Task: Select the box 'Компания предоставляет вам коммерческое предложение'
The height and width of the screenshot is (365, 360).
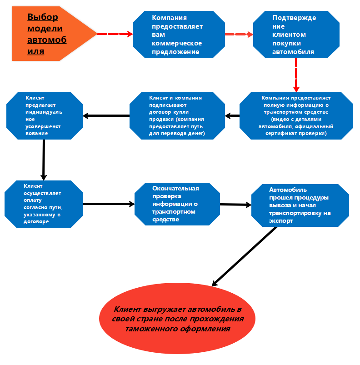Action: click(178, 35)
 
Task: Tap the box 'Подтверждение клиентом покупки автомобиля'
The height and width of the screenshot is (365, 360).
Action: click(296, 35)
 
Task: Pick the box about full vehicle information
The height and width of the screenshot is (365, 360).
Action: click(296, 116)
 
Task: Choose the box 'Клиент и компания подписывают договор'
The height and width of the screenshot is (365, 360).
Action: click(177, 116)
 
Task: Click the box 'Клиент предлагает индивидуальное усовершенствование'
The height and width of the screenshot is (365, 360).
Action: click(45, 115)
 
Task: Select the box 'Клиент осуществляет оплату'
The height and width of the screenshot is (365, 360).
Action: click(43, 204)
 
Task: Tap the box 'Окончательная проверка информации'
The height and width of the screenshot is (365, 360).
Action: click(178, 204)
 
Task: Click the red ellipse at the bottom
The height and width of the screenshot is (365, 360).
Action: click(177, 319)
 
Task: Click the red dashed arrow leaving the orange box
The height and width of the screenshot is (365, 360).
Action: click(114, 34)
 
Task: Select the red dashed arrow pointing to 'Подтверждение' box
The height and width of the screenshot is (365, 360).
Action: click(239, 34)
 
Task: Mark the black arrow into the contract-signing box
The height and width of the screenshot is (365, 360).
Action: click(233, 116)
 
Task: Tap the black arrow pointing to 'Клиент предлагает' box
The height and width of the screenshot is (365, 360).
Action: click(106, 115)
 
